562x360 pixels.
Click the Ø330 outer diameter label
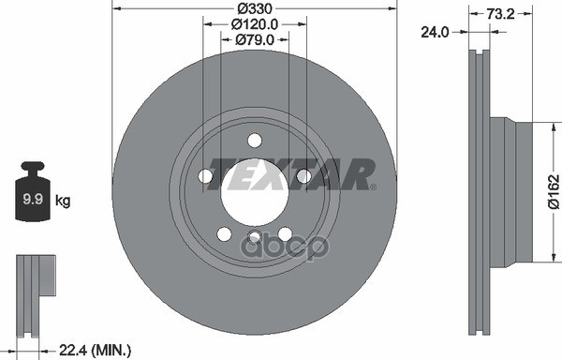click(x=255, y=7)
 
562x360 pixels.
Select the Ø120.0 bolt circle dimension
click(x=255, y=24)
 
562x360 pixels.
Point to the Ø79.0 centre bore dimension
click(x=255, y=39)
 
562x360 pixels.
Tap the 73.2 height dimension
click(x=500, y=14)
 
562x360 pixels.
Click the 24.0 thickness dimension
click(x=435, y=32)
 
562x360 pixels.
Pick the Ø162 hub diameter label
click(x=554, y=191)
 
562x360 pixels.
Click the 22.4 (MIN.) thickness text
click(x=95, y=350)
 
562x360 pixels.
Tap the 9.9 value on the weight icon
click(x=33, y=199)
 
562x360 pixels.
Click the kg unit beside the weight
click(x=63, y=201)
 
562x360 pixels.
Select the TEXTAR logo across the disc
click(x=291, y=174)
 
